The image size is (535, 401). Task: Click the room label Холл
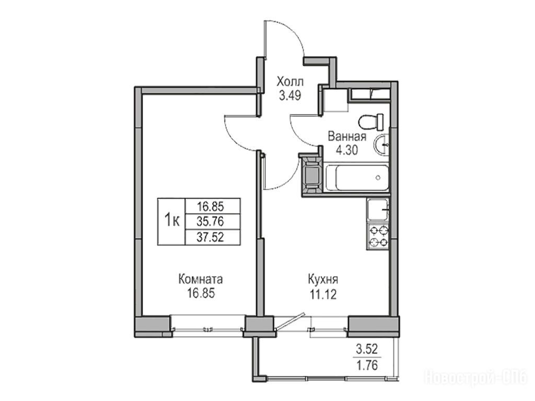tap(290, 82)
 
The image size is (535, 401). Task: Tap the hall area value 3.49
tap(290, 96)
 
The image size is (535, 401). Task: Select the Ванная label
tap(347, 137)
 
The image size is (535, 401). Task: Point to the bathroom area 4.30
tap(347, 150)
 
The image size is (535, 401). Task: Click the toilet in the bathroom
tap(371, 122)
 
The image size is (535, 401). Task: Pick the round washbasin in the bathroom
tap(381, 145)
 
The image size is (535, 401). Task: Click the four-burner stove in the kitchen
tap(378, 237)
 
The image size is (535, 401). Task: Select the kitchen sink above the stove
tap(378, 210)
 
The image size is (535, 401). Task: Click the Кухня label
tap(323, 280)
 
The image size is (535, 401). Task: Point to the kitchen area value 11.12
tap(323, 294)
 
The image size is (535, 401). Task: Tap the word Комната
tap(201, 280)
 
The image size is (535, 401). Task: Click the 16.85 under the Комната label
tap(201, 293)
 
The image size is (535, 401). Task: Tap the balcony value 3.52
tap(367, 349)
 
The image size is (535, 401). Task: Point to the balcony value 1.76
tap(367, 365)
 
